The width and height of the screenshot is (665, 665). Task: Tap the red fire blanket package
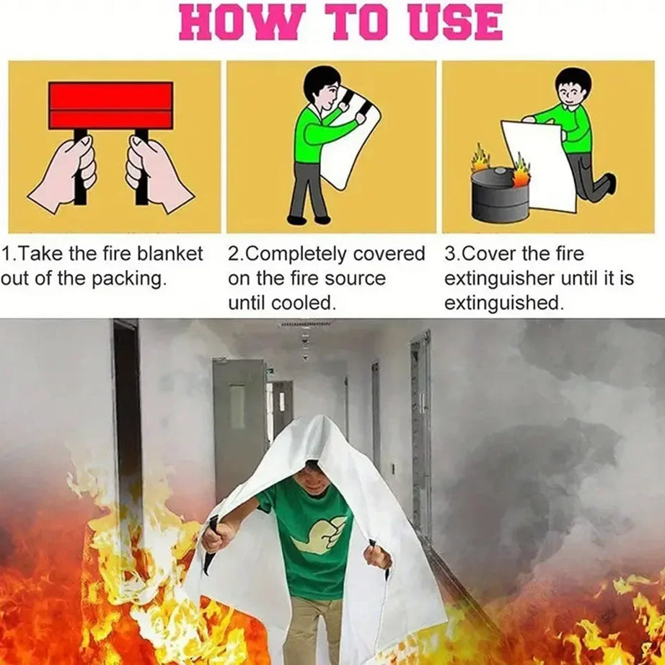coord(110,105)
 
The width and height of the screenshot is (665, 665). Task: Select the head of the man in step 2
coord(322,87)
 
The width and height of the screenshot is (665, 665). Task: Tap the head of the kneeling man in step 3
coord(573,87)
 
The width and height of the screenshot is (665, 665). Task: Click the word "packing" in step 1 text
coord(127,279)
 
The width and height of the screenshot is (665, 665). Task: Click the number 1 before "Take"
coord(6,255)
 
